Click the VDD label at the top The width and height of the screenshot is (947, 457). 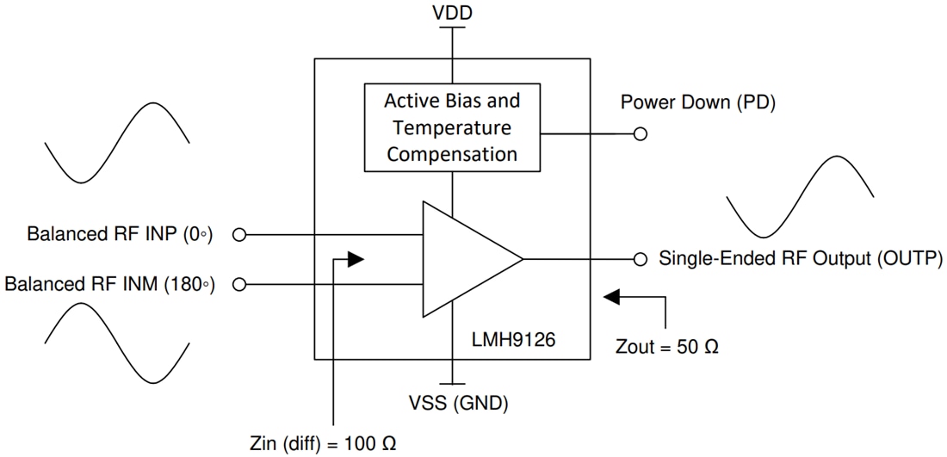(452, 13)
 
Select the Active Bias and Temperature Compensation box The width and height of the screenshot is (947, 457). (452, 127)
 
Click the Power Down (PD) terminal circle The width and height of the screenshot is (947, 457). (640, 134)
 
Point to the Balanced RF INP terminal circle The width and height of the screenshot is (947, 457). (239, 234)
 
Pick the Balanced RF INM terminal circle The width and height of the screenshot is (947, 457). (239, 284)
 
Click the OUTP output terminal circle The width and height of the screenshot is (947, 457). (640, 259)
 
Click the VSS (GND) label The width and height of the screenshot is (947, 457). (459, 402)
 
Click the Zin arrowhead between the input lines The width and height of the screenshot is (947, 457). (355, 259)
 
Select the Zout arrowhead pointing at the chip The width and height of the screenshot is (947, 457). (612, 297)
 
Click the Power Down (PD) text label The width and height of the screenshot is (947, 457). (698, 102)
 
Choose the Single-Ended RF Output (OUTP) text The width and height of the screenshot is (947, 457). (800, 259)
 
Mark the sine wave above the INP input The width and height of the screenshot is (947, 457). (117, 142)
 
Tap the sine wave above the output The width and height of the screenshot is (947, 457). (801, 196)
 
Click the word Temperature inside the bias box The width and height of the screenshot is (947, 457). (452, 128)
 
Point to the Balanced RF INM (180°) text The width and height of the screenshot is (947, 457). (109, 284)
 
